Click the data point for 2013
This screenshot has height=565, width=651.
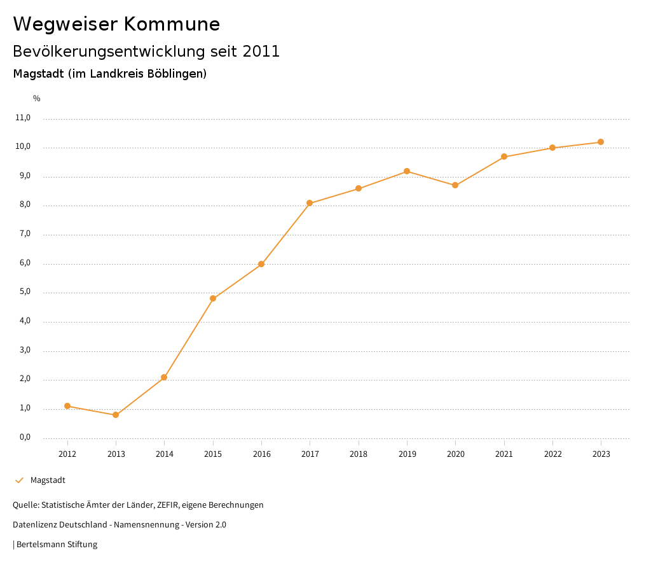click(x=116, y=415)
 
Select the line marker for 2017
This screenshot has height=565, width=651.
click(x=310, y=204)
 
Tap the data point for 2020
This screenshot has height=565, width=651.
click(x=455, y=185)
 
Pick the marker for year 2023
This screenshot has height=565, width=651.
click(x=601, y=142)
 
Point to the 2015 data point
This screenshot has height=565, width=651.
click(x=213, y=298)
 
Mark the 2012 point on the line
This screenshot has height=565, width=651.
click(x=67, y=406)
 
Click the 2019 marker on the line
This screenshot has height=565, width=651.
click(x=407, y=171)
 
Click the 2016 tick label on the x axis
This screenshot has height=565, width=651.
click(x=262, y=454)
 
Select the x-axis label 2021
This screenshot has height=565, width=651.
click(x=504, y=454)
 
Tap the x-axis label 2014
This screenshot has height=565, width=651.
click(x=165, y=454)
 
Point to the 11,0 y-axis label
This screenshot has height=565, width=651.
click(x=23, y=118)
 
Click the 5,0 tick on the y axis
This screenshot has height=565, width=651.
click(x=24, y=293)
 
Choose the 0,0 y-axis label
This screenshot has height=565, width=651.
click(x=24, y=438)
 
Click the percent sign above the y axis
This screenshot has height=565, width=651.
click(x=37, y=99)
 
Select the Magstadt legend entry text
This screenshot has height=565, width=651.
click(x=48, y=480)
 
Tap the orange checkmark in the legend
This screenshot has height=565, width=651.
click(x=19, y=480)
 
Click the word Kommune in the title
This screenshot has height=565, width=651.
click(x=172, y=24)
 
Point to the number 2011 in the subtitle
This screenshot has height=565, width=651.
click(x=261, y=52)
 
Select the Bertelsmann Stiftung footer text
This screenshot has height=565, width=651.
click(x=57, y=545)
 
